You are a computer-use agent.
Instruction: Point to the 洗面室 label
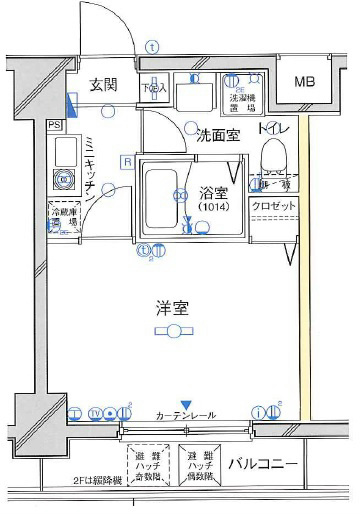[216, 133]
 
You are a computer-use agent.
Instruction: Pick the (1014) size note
[212, 206]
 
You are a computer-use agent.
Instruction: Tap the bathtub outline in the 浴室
[160, 200]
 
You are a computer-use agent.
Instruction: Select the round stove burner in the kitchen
[66, 181]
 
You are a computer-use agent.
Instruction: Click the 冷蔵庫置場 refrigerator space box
[63, 217]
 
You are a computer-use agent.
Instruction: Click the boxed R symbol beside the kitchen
[127, 161]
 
